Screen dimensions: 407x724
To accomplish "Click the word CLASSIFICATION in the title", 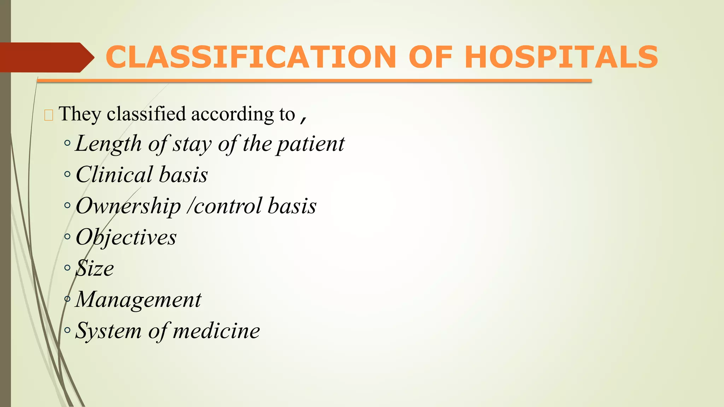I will pos(251,57).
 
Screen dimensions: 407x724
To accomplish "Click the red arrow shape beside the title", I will pos(46,57).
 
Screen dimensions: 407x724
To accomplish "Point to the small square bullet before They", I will pos(49,115).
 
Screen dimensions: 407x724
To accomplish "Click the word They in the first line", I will pos(80,114).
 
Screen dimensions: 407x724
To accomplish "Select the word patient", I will pos(310,144).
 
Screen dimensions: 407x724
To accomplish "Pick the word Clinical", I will pos(114,175).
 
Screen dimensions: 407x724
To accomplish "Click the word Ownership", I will pos(128,206).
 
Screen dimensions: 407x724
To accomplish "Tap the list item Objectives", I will pos(126,237).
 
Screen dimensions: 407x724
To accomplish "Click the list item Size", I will pos(95,268).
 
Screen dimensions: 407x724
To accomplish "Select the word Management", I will pos(138,300).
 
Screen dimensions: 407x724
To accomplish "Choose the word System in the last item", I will pos(109,331).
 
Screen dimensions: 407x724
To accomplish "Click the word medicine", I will pos(216,331).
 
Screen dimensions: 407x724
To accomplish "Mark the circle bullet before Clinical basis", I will pos(68,174).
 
